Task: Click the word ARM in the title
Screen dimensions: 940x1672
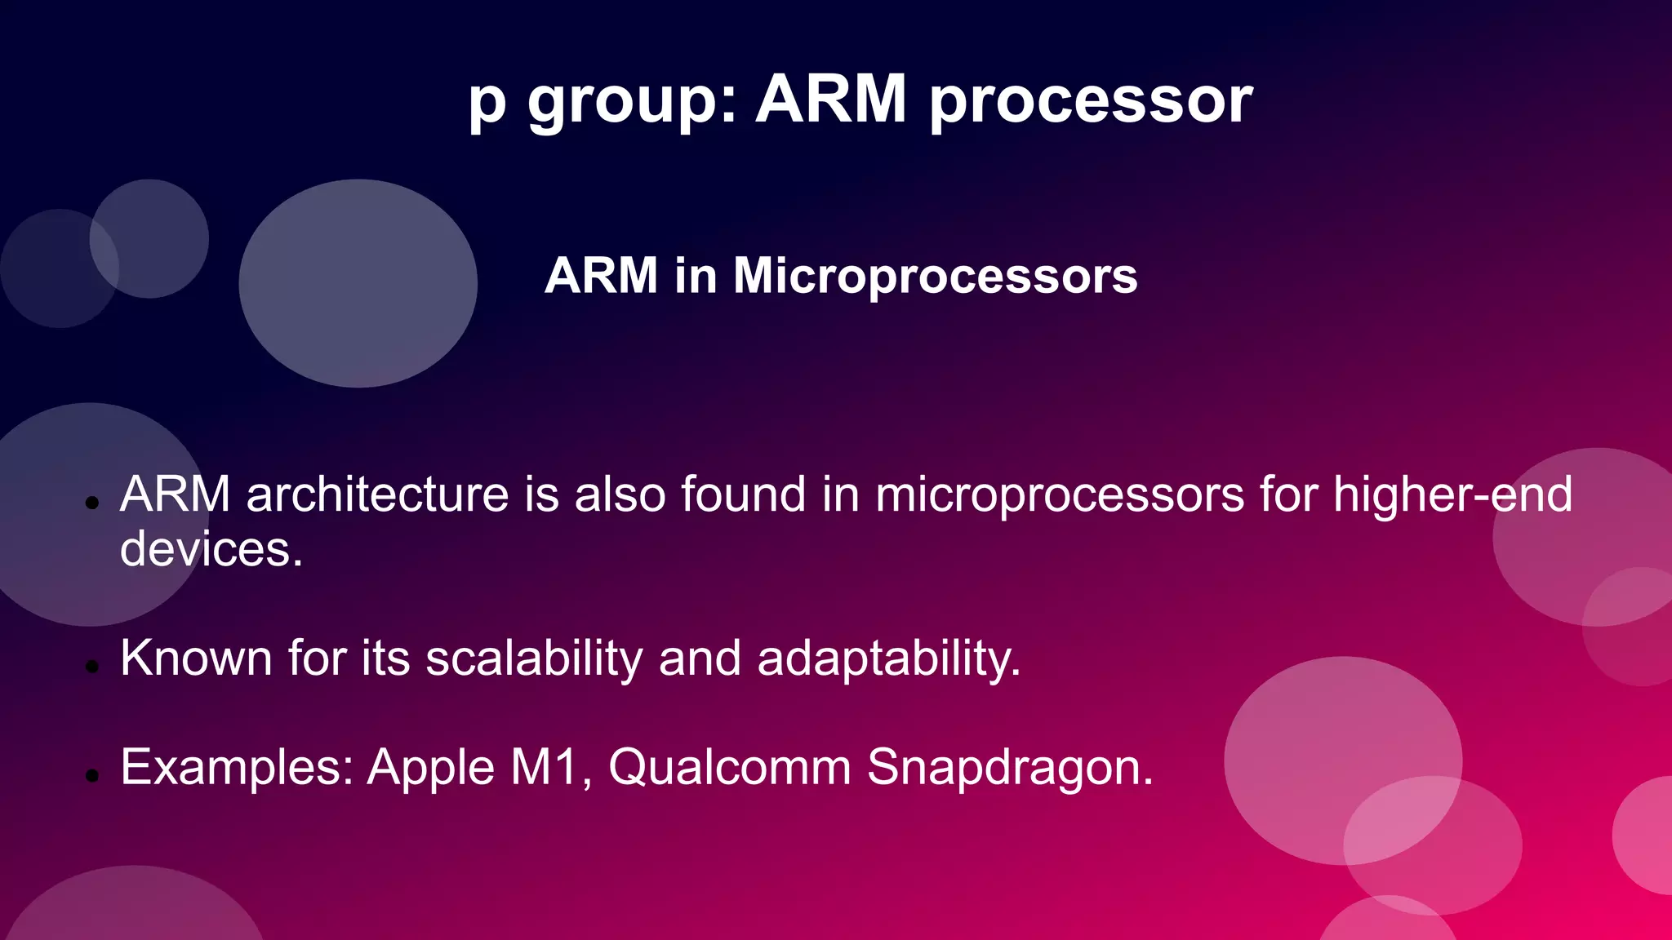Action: pos(830,100)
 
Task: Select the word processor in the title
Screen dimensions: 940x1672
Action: pos(1091,101)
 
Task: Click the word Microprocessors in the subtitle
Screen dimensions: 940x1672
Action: pos(935,276)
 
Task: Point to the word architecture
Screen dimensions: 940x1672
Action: pos(377,494)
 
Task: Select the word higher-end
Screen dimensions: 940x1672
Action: pos(1452,494)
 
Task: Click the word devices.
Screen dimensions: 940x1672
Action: pos(211,548)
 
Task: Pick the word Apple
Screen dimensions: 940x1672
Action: pos(431,769)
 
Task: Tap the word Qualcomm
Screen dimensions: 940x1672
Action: pos(730,768)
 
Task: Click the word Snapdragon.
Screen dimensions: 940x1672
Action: pos(1010,769)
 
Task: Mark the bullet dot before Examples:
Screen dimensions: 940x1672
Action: pos(92,776)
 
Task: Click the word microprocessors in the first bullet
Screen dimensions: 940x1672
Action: pos(1060,496)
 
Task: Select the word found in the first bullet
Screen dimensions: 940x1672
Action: pos(743,494)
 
